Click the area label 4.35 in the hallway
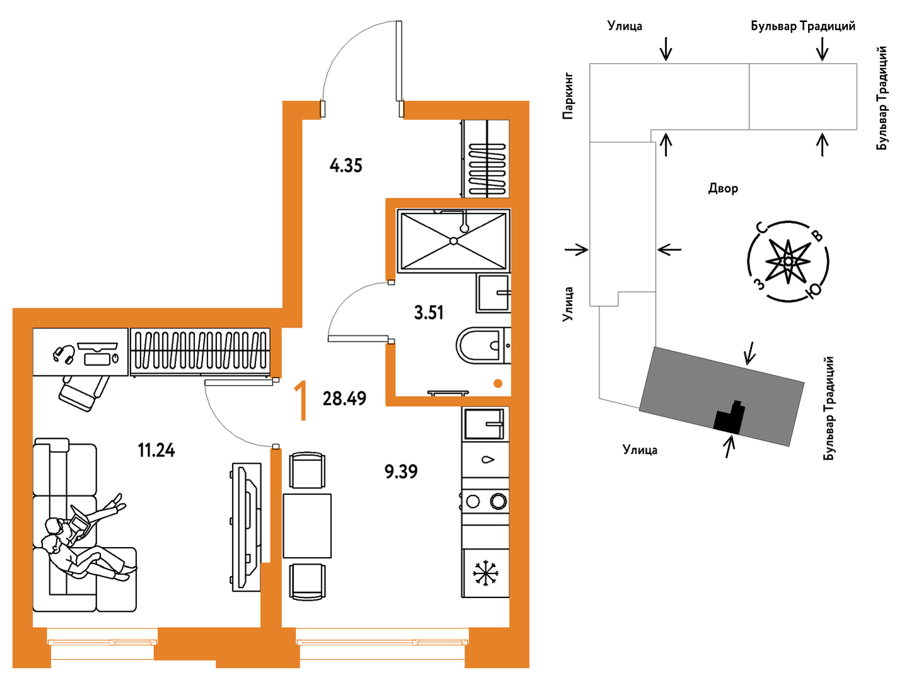point(346,166)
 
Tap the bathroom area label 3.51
point(429,312)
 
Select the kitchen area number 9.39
point(401,471)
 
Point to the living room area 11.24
point(156,450)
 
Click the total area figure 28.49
point(344,398)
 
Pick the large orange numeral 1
point(302,400)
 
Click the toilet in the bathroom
point(482,345)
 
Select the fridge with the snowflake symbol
point(486,573)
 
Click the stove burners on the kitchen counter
point(486,502)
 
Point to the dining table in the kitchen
point(307,526)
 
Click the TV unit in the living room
point(247,526)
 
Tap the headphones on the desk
point(64,354)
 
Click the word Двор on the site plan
point(723,188)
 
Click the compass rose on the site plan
point(788,261)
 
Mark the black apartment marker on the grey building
point(729,418)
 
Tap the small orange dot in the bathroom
point(498,383)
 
